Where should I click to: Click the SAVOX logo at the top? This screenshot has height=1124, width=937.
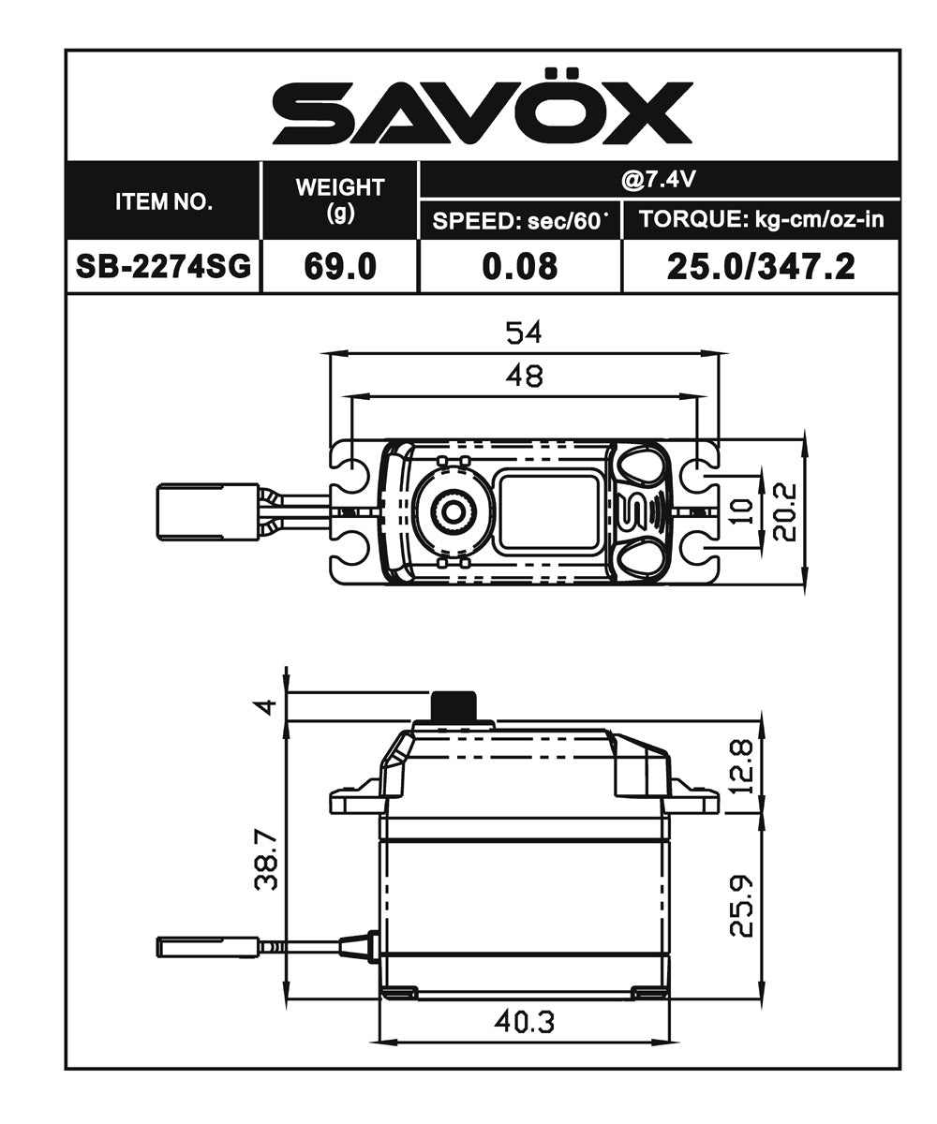482,113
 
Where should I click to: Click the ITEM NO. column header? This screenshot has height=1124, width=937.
164,201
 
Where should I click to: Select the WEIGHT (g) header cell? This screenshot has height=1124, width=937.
340,200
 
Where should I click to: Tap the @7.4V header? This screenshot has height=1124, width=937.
660,179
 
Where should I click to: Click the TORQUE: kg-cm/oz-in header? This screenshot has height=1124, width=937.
761,221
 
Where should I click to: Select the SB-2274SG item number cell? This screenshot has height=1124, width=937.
164,267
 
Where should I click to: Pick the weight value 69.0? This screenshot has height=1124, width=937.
340,267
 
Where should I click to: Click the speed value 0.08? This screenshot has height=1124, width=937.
520,267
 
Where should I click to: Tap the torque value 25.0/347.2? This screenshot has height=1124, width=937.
761,267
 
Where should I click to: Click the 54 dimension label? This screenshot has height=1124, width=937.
524,333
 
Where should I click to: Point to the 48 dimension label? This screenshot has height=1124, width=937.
524,376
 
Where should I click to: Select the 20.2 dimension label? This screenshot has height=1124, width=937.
785,512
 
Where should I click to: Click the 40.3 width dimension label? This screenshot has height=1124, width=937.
524,1022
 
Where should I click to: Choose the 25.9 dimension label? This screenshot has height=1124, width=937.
742,906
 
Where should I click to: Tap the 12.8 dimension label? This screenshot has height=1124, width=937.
742,767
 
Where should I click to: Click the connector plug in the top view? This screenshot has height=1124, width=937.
207,511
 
